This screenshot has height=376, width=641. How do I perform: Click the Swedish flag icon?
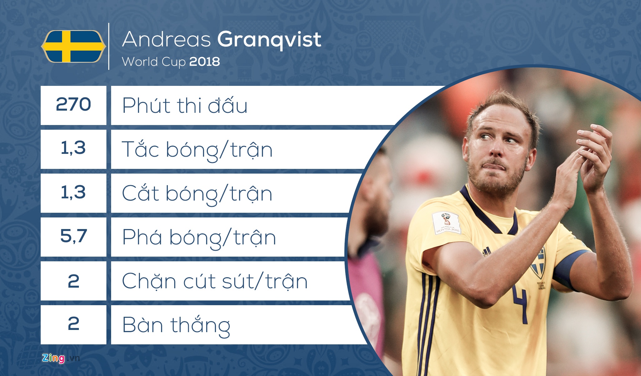click(x=74, y=46)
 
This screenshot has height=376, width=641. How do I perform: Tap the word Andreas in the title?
click(x=167, y=39)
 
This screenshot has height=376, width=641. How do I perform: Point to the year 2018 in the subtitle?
click(x=205, y=62)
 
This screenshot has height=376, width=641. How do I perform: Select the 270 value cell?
click(x=74, y=105)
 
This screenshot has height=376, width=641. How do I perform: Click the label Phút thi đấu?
click(x=185, y=106)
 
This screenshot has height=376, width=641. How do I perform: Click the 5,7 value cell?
click(x=74, y=237)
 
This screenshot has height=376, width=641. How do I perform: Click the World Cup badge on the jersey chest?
click(x=447, y=223)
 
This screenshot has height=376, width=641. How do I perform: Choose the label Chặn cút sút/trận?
click(x=215, y=281)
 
